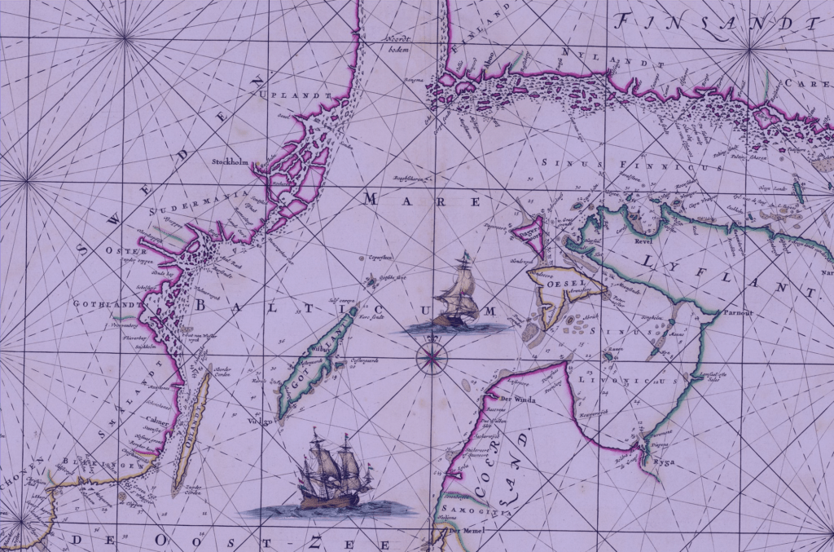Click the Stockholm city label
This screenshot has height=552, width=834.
[229, 161]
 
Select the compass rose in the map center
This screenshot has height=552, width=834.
[431, 356]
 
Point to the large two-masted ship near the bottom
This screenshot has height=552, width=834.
[332, 473]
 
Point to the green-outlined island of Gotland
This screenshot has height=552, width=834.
[317, 359]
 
